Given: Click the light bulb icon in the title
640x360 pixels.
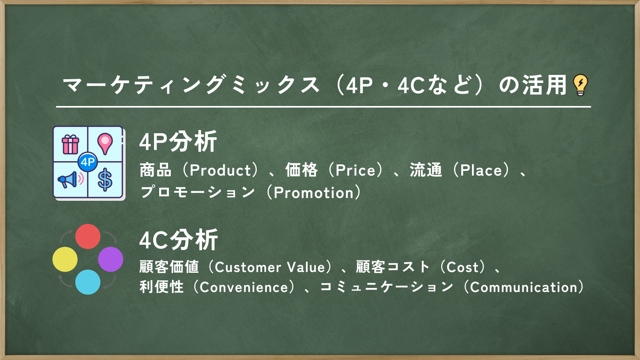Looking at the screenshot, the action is point(580,85).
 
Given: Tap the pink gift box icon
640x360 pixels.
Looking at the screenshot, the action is point(70,144).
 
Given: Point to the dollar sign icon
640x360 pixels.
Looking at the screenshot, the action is point(105,180).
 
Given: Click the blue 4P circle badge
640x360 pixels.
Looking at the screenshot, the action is point(88,162).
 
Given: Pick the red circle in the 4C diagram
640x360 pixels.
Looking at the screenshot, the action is point(88,236).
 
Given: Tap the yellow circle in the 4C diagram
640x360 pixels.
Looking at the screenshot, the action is point(65,259).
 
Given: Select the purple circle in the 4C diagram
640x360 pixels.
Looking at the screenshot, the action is point(110,259).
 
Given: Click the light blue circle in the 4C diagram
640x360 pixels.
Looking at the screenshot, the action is point(88,282).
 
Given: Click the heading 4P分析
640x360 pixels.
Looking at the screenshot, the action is point(178,142).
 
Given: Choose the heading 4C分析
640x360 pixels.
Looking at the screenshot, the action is point(178,240).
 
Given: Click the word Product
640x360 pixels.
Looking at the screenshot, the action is point(220,170).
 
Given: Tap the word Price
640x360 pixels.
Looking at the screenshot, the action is point(355,170).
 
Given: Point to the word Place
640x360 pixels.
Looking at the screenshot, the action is point(481,170).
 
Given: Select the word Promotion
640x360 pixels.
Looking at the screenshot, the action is point(314,193).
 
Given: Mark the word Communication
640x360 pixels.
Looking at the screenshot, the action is point(524,288).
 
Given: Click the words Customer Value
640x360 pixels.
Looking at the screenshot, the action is point(270,268).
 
